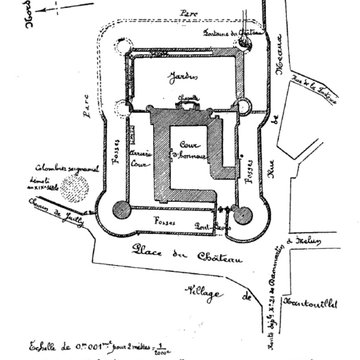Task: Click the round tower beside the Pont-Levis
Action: point(243,213)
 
